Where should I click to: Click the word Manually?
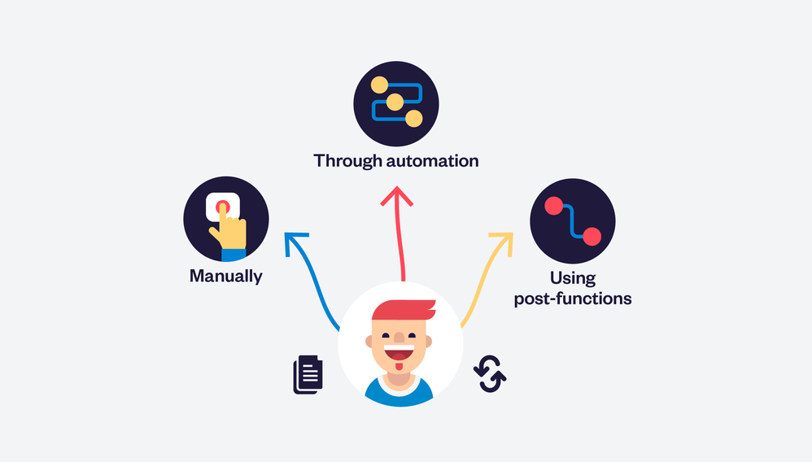225,276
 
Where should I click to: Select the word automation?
432,160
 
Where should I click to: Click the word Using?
572,278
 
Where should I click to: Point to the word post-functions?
573,299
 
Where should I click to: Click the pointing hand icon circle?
225,219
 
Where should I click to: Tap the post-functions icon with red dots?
572,221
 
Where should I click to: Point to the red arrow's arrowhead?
397,195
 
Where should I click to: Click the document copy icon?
308,374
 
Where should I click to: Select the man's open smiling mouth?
399,355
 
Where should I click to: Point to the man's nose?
399,338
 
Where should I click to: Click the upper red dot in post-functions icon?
553,205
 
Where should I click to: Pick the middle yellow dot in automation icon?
395,102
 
